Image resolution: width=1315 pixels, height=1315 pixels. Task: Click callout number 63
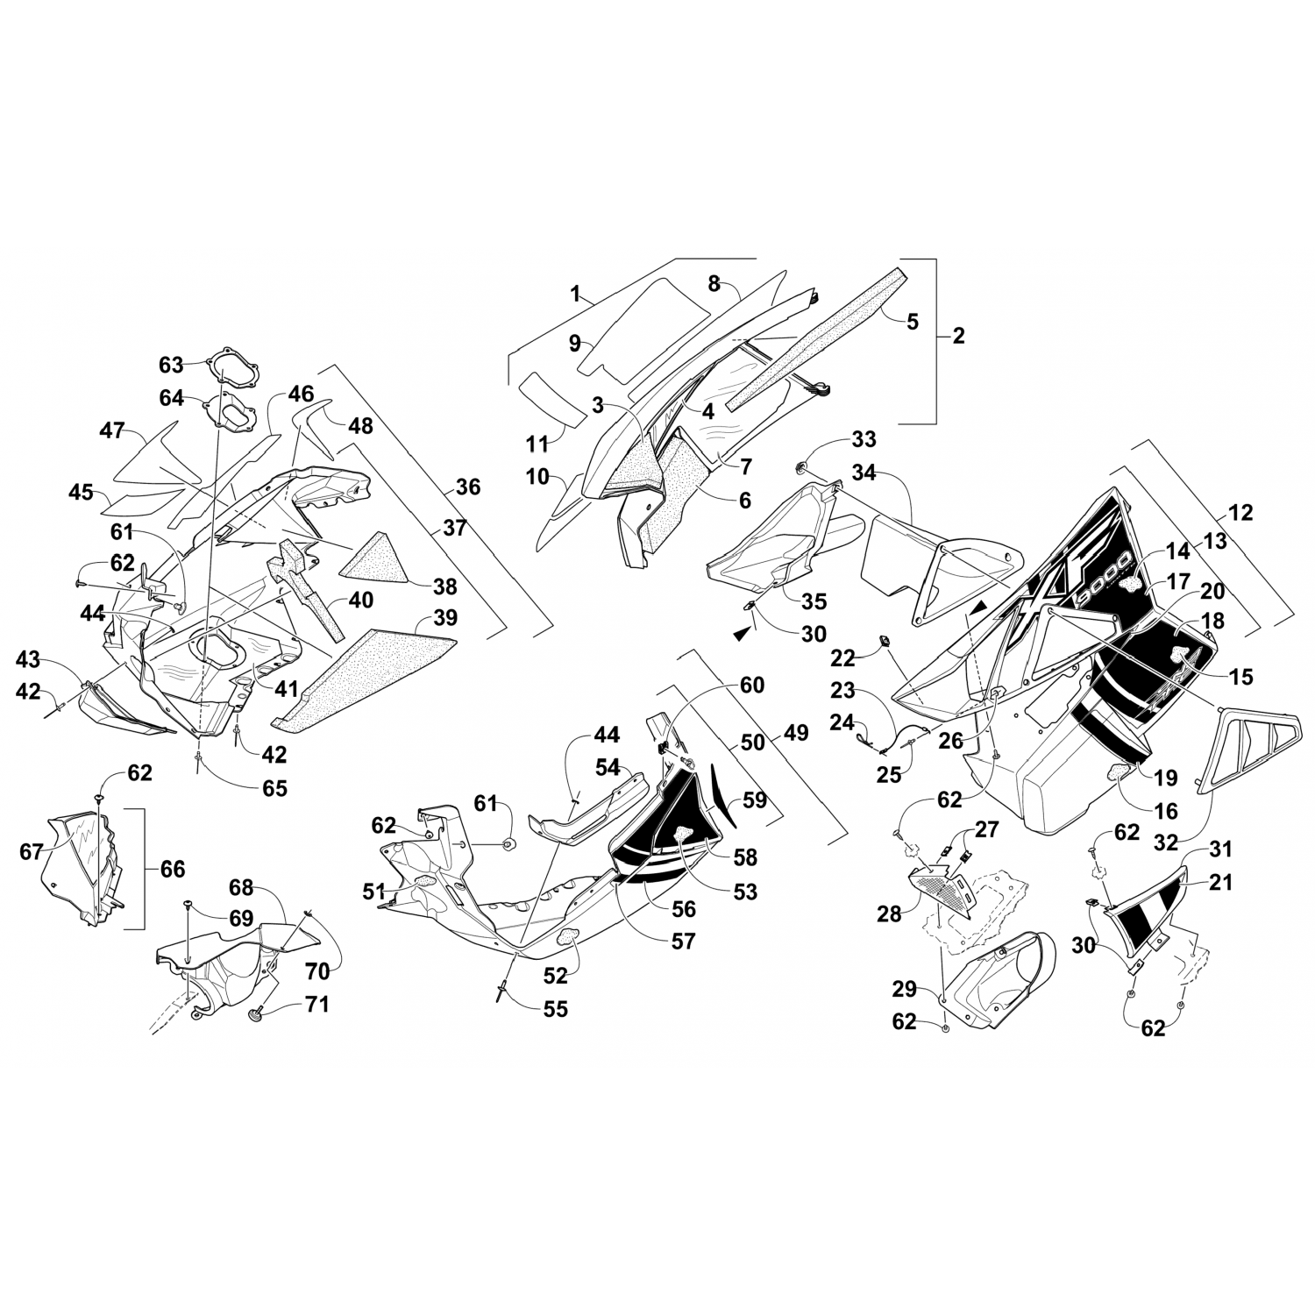pyautogui.click(x=172, y=364)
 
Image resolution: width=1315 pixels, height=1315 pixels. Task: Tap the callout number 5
pyautogui.click(x=913, y=322)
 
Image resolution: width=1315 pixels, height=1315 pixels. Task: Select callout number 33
pyautogui.click(x=864, y=439)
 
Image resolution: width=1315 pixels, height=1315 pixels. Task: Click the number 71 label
pyautogui.click(x=316, y=1004)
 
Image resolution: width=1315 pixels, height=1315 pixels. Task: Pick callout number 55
pyautogui.click(x=555, y=1009)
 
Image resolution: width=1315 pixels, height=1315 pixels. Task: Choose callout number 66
pyautogui.click(x=173, y=869)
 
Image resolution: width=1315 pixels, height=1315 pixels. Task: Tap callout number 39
pyautogui.click(x=445, y=618)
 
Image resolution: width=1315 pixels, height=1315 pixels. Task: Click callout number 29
pyautogui.click(x=904, y=990)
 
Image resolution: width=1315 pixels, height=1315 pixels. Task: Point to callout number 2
pyautogui.click(x=957, y=335)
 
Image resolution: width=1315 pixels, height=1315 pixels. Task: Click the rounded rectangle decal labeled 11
pyautogui.click(x=551, y=399)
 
